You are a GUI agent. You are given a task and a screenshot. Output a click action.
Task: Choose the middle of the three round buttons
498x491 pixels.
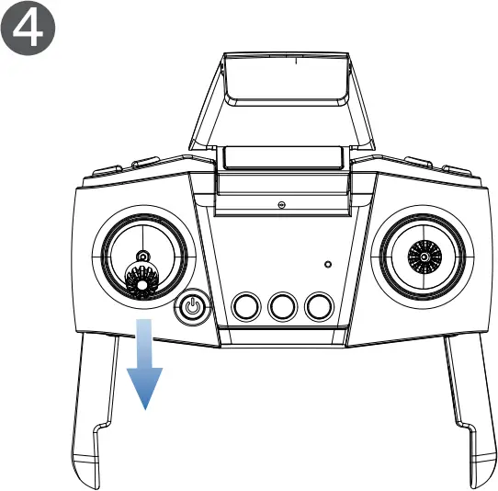282,305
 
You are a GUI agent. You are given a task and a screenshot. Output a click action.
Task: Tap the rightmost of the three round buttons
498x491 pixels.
319,305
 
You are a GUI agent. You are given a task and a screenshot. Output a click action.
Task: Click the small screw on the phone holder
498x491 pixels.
281,203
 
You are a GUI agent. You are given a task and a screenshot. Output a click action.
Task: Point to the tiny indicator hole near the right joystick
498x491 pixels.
329,264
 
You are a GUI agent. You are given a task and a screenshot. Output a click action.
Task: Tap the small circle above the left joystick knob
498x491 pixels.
141,255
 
